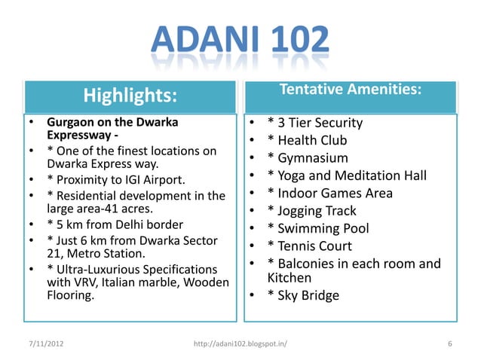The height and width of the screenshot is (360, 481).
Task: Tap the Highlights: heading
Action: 129,96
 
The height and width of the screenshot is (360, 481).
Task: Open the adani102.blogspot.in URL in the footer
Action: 240,344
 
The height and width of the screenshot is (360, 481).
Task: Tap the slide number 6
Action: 449,344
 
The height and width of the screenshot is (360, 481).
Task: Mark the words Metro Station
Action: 99,253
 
